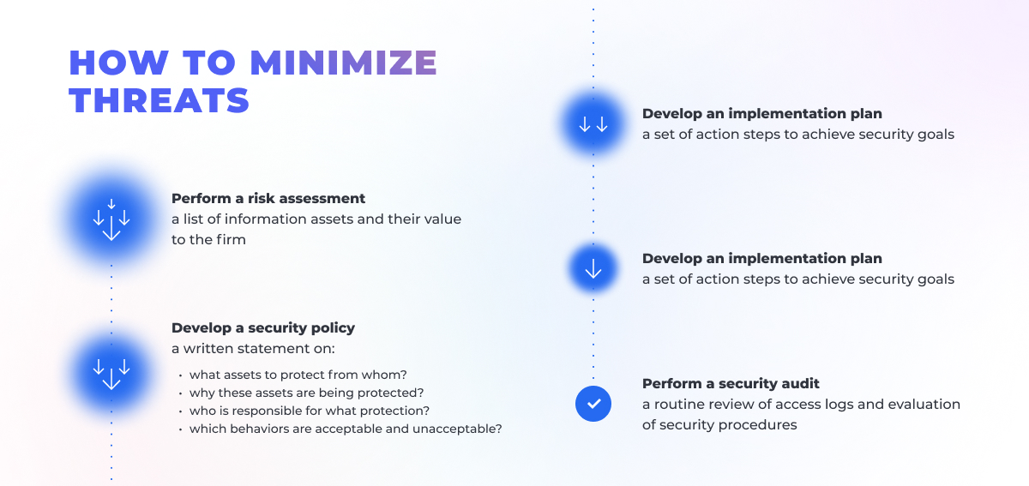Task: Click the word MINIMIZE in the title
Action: tap(343, 63)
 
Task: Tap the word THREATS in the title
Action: tap(159, 101)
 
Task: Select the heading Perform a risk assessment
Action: tap(268, 199)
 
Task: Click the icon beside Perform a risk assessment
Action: tap(111, 219)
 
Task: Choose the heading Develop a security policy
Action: tap(263, 327)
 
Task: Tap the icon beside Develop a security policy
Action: tap(111, 372)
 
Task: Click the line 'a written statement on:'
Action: tap(253, 348)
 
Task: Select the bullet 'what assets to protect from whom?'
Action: tap(298, 375)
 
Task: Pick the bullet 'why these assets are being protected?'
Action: tap(307, 393)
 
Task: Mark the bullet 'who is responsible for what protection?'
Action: tap(310, 411)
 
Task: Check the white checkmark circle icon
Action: tap(593, 403)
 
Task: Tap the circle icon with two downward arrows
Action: tap(593, 124)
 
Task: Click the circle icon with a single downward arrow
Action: tap(593, 269)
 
